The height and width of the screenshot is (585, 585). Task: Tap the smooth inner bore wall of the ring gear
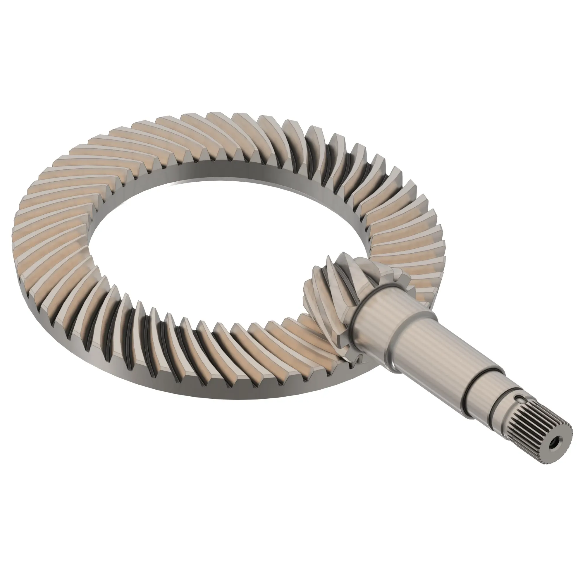click(242, 170)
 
